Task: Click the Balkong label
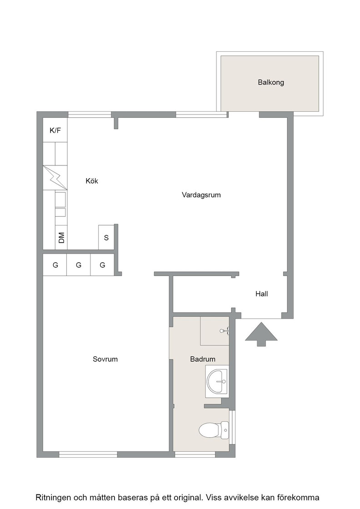[271, 82]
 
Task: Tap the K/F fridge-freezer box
[55, 130]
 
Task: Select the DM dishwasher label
[61, 238]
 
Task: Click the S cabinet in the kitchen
[106, 237]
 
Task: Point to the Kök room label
[92, 181]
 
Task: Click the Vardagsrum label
[201, 195]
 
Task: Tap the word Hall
[262, 294]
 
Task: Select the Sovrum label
[105, 359]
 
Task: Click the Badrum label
[203, 359]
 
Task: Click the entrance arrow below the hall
[261, 334]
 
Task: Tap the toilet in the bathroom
[214, 430]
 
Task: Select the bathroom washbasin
[217, 381]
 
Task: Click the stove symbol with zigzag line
[55, 178]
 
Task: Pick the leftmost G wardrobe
[55, 265]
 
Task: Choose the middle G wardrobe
[79, 265]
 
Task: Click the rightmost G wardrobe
[102, 265]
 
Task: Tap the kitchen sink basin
[60, 200]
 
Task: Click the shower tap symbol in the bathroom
[225, 331]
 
